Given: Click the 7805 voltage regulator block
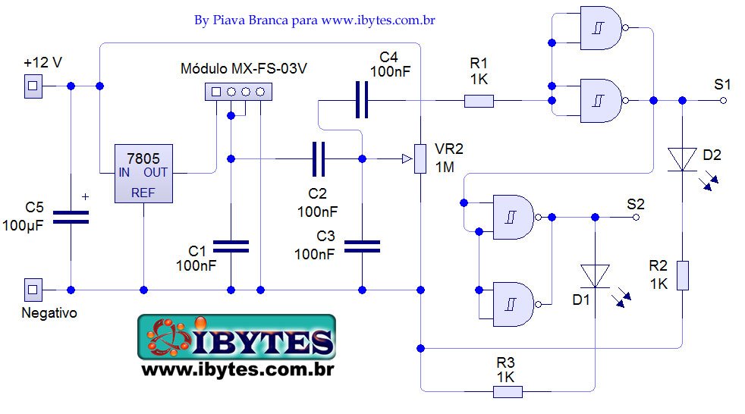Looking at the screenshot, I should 143,173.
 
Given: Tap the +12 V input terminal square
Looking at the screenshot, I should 32,86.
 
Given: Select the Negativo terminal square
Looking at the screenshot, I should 32,289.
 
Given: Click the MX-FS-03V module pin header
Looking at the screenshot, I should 238,93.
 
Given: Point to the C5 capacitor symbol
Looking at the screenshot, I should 71,217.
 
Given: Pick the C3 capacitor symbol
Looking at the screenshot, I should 362,246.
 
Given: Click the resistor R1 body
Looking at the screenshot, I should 479,100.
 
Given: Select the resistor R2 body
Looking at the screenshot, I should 682,275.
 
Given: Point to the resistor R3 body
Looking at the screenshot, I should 508,391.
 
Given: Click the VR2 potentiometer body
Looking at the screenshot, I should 420,158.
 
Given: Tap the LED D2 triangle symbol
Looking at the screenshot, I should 682,159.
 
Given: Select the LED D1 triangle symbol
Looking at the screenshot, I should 595,275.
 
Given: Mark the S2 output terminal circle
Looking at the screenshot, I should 636,217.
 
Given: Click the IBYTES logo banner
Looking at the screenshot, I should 236,337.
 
